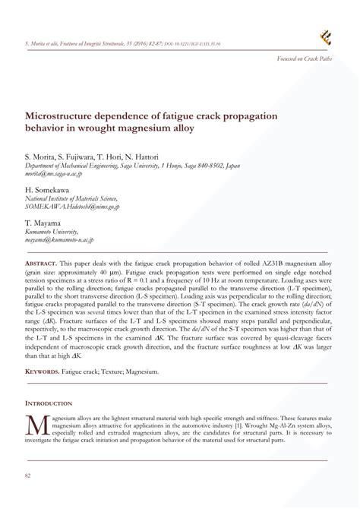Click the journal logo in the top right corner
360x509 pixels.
(x=327, y=34)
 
